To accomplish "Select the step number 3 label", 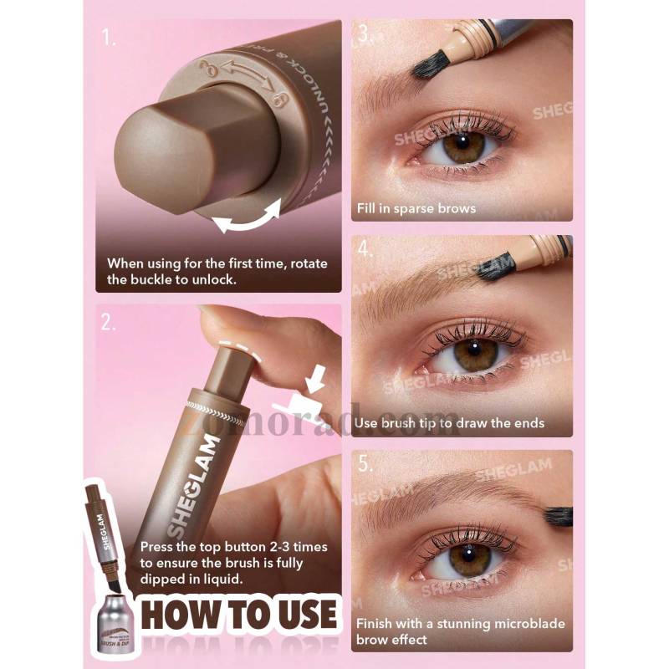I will pos(364,35).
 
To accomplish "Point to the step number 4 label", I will pos(365,250).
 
